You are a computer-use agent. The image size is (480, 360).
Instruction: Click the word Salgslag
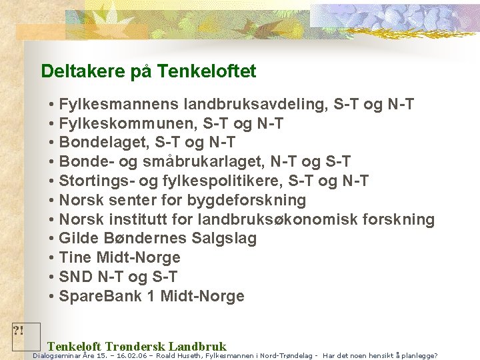click(224, 239)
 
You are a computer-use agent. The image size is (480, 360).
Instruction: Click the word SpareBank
click(99, 296)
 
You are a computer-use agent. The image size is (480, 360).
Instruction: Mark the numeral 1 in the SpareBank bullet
click(151, 296)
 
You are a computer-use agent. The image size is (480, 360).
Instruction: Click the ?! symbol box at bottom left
click(26, 337)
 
